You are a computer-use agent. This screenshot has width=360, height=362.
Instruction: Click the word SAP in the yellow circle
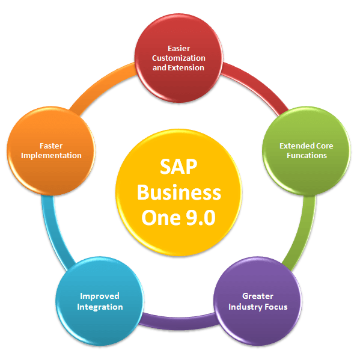pyautogui.click(x=178, y=167)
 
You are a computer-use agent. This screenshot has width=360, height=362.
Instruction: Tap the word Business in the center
pyautogui.click(x=179, y=192)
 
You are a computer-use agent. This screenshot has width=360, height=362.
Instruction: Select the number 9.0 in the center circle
pyautogui.click(x=201, y=218)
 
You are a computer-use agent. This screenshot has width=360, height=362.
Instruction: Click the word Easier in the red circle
pyautogui.click(x=179, y=49)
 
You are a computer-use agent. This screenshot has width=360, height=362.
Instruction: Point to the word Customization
pyautogui.click(x=178, y=58)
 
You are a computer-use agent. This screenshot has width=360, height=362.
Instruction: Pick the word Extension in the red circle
pyautogui.click(x=186, y=67)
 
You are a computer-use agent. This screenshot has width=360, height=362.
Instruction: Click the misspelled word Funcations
pyautogui.click(x=307, y=155)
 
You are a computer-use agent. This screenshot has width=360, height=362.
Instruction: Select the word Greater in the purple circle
pyautogui.click(x=258, y=296)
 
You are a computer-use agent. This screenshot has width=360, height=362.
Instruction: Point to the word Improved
pyautogui.click(x=100, y=296)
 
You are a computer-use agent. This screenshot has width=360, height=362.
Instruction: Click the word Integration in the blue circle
pyautogui.click(x=100, y=307)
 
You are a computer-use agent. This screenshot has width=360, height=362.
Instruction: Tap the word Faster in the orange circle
pyautogui.click(x=51, y=146)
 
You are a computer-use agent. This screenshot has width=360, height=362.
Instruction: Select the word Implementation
pyautogui.click(x=51, y=156)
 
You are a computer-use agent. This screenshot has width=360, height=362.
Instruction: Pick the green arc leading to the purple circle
pyautogui.click(x=304, y=233)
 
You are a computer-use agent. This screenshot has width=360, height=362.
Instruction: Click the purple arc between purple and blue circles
pyautogui.click(x=179, y=320)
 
